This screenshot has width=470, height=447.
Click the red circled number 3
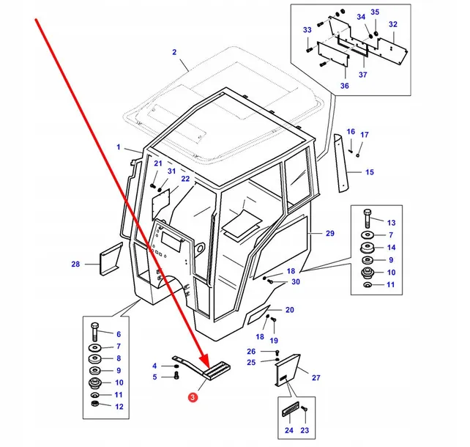pos(192,398)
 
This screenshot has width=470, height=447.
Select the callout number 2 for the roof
pos(174,51)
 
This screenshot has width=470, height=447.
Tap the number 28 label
pos(75,264)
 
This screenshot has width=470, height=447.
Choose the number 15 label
pos(370,172)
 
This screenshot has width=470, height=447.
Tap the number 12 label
pos(119,407)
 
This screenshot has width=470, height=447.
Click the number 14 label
pos(391,247)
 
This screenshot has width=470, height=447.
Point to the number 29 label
pos(329,233)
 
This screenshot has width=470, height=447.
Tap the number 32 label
pos(392,24)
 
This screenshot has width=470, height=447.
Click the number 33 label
pos(307,29)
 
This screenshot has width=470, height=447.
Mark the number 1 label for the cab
pos(118,147)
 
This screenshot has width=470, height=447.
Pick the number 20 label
pos(289,309)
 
